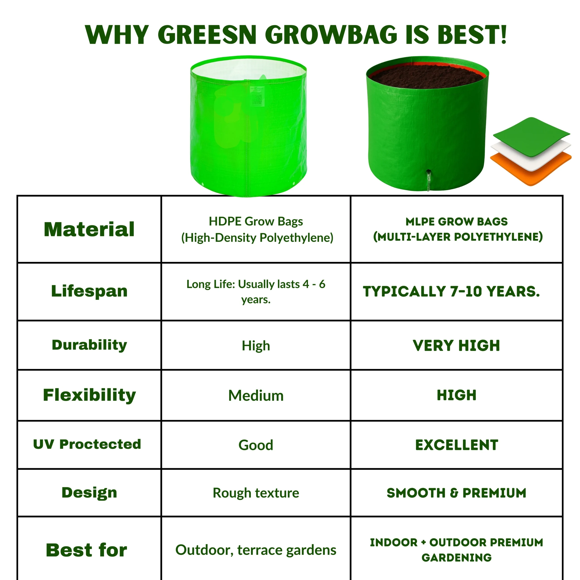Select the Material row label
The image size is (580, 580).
pyautogui.click(x=89, y=229)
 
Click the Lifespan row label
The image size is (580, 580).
pyautogui.click(x=89, y=291)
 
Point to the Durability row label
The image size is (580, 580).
pyautogui.click(x=89, y=345)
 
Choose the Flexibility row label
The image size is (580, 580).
pyautogui.click(x=89, y=395)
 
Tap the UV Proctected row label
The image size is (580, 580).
pyautogui.click(x=87, y=444)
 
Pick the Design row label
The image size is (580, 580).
pyautogui.click(x=89, y=493)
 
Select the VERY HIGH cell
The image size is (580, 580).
pyautogui.click(x=456, y=346)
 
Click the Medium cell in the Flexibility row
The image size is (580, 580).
pyautogui.click(x=256, y=396)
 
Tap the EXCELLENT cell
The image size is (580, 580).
pyautogui.click(x=457, y=445)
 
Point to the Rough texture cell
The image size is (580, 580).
pyautogui.click(x=256, y=493)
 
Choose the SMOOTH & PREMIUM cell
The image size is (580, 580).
pyautogui.click(x=456, y=493)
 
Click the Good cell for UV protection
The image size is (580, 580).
pyautogui.click(x=256, y=445)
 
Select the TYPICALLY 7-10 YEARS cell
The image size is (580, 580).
pyautogui.click(x=451, y=292)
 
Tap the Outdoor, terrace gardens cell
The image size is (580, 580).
pyautogui.click(x=256, y=550)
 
